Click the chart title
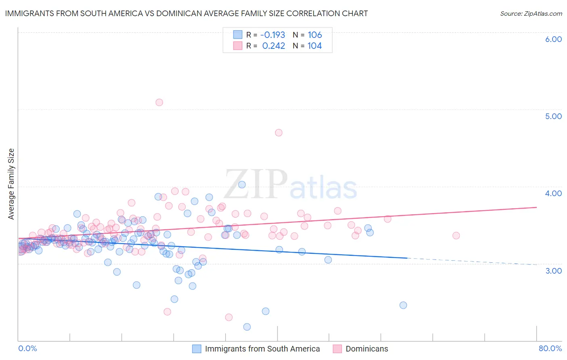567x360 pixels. tap(186, 13)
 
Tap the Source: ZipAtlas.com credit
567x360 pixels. tap(531, 13)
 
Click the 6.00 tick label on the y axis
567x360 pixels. tap(553, 39)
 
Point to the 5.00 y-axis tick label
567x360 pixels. tap(553, 116)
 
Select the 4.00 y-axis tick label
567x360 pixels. tap(553, 193)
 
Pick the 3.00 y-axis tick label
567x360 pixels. tap(553, 271)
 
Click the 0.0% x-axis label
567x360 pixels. tap(27, 348)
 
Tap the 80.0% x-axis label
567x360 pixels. tap(550, 348)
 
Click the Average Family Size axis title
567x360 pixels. tap(11, 184)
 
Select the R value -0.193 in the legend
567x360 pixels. tap(273, 35)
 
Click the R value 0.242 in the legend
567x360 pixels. tap(273, 46)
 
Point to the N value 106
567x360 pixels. tap(315, 35)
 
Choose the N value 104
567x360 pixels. tap(315, 46)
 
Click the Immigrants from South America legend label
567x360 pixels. tap(262, 349)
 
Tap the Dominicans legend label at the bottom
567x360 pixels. tap(367, 349)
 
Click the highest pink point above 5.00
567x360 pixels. tap(159, 103)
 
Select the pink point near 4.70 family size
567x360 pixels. tap(278, 133)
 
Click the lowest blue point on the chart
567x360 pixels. tap(247, 327)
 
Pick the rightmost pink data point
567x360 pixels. tap(456, 236)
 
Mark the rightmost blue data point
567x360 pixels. tap(403, 305)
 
